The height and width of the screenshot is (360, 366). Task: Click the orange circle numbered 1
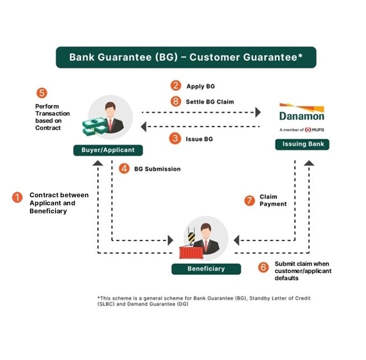pyautogui.click(x=17, y=197)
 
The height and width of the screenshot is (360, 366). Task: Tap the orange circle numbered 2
pyautogui.click(x=176, y=86)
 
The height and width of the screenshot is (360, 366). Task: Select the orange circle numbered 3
pyautogui.click(x=175, y=139)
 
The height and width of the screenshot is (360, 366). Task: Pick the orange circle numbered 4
pyautogui.click(x=124, y=168)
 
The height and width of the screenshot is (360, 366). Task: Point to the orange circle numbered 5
pyautogui.click(x=42, y=93)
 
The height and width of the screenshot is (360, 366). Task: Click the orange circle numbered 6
pyautogui.click(x=263, y=267)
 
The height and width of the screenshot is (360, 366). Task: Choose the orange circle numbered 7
pyautogui.click(x=249, y=201)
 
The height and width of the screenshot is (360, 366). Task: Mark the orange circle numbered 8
pyautogui.click(x=176, y=101)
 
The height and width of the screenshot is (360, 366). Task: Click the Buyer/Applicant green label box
pyautogui.click(x=108, y=150)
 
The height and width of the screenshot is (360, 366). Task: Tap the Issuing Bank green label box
pyautogui.click(x=302, y=144)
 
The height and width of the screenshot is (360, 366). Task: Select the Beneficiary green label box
pyautogui.click(x=206, y=269)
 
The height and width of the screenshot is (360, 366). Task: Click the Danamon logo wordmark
pyautogui.click(x=302, y=116)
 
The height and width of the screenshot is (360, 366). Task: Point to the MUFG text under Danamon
pyautogui.click(x=318, y=130)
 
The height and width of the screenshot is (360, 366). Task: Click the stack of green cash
pyautogui.click(x=95, y=126)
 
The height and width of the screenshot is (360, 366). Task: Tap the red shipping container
pyautogui.click(x=191, y=253)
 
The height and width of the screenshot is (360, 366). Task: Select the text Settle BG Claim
pyautogui.click(x=210, y=102)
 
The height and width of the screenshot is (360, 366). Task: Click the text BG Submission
pyautogui.click(x=157, y=169)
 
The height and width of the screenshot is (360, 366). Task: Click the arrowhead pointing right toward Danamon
pyautogui.click(x=258, y=112)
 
